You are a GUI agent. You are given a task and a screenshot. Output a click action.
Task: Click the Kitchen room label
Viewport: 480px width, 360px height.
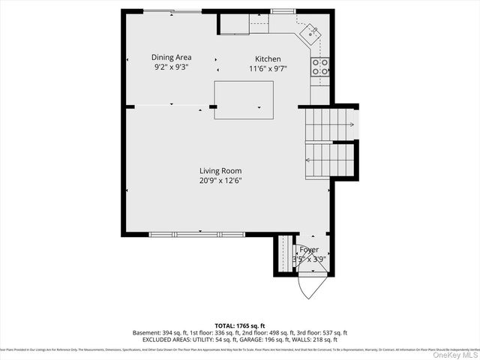point(268,59)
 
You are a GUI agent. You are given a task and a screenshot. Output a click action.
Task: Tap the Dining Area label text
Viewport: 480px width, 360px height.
point(172,57)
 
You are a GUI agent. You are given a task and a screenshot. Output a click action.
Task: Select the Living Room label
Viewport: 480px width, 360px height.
point(220,170)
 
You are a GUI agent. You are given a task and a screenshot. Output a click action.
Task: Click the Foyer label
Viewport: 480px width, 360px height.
point(309,250)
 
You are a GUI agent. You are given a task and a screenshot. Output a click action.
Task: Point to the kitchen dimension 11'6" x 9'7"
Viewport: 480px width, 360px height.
point(268,69)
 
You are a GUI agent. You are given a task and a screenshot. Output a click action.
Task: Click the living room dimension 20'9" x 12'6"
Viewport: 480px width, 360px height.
point(220,180)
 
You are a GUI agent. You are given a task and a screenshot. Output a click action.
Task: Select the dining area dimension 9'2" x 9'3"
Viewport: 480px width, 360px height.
point(172,67)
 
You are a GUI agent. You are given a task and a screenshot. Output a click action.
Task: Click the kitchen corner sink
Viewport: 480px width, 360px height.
point(309,32)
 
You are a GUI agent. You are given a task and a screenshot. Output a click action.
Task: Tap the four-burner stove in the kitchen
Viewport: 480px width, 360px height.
point(320,67)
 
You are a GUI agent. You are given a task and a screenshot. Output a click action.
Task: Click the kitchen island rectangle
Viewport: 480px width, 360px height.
point(244,100)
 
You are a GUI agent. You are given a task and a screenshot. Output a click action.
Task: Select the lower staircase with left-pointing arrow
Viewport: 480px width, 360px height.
point(328,160)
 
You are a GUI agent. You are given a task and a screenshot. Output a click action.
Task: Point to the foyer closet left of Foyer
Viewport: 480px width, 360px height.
point(283,255)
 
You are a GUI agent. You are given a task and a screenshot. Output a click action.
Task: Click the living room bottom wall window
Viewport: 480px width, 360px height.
point(197,235)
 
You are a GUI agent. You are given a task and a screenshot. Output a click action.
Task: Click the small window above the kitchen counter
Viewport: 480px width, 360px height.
point(283,10)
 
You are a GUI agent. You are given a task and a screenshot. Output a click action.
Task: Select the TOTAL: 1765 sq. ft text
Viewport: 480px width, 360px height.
point(240,325)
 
